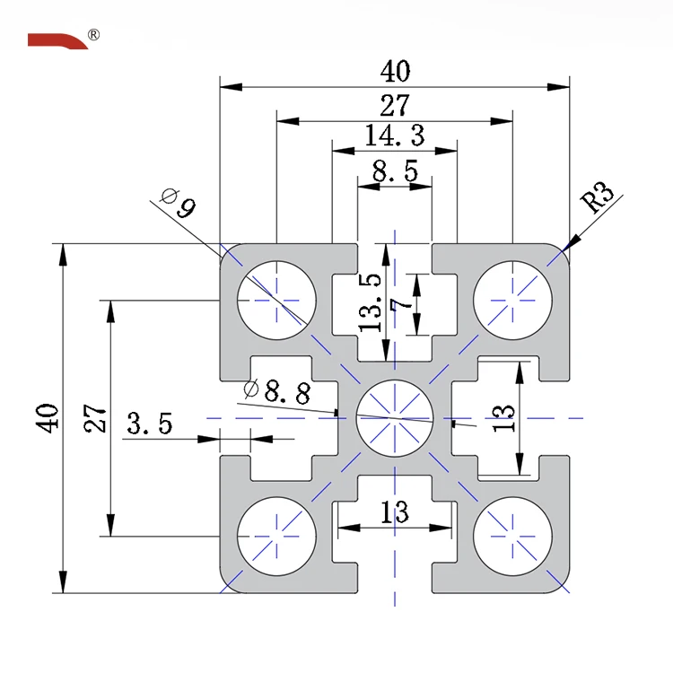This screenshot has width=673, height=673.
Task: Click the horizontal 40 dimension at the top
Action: [x=395, y=70]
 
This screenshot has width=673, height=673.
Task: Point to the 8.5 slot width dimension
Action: [x=395, y=170]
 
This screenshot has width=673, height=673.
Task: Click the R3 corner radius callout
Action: [x=599, y=198]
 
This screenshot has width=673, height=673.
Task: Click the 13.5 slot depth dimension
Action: [x=371, y=302]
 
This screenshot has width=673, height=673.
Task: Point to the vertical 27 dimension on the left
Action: [x=96, y=418]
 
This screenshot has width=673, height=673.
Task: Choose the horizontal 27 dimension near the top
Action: [x=395, y=106]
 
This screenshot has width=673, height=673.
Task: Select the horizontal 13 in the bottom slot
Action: [x=395, y=512]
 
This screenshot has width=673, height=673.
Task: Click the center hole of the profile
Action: [x=395, y=417]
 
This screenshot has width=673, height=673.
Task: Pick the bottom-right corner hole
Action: [x=512, y=536]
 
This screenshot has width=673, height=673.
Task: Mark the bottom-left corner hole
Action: [x=276, y=536]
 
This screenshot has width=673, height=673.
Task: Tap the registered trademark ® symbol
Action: [x=94, y=35]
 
